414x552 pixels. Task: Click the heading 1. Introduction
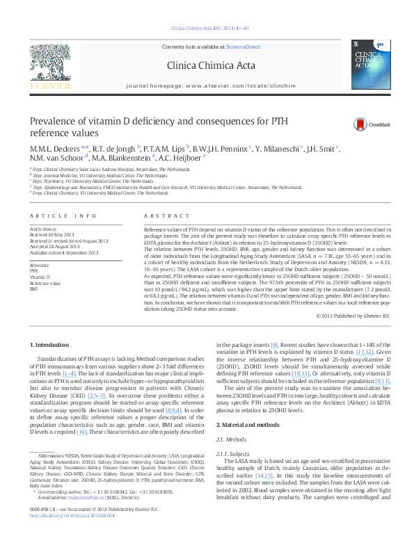(49, 346)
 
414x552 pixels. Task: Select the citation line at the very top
(207, 29)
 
